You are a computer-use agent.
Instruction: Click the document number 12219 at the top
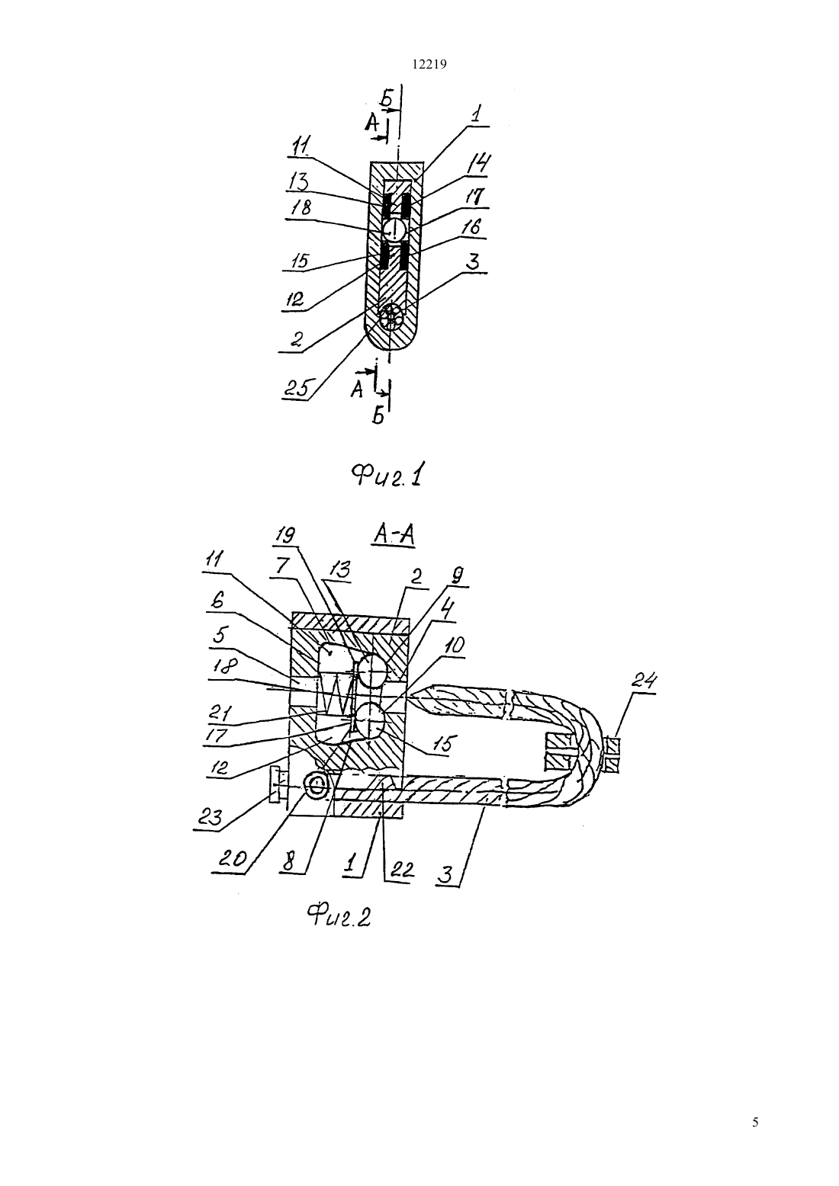tap(429, 65)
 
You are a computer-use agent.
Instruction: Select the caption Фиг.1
tap(389, 475)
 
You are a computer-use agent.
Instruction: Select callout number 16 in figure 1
tap(471, 228)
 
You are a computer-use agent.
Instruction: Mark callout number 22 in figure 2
tap(400, 871)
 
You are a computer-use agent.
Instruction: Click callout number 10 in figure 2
tap(454, 645)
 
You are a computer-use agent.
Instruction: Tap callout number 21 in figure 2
tap(220, 713)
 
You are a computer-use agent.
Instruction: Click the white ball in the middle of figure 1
tap(394, 229)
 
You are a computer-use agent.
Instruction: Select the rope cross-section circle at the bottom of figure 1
tap(391, 318)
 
